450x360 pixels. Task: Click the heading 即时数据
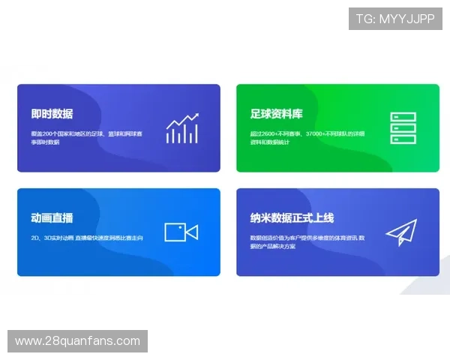(x=52, y=114)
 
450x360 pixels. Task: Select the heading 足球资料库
(x=276, y=114)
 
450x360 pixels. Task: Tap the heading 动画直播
(x=52, y=218)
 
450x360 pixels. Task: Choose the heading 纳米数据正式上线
(x=292, y=218)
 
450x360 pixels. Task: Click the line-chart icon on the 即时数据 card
(x=182, y=128)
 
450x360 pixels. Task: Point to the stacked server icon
(x=403, y=128)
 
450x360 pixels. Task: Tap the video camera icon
(x=181, y=232)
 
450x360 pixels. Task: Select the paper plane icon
(x=401, y=232)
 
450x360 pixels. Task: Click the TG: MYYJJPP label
(x=395, y=19)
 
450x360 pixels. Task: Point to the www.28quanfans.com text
(x=77, y=341)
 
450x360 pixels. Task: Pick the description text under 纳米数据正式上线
(x=307, y=241)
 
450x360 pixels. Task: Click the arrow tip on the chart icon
(x=196, y=115)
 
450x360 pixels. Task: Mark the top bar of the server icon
(x=403, y=117)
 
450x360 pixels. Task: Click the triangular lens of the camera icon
(x=192, y=232)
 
